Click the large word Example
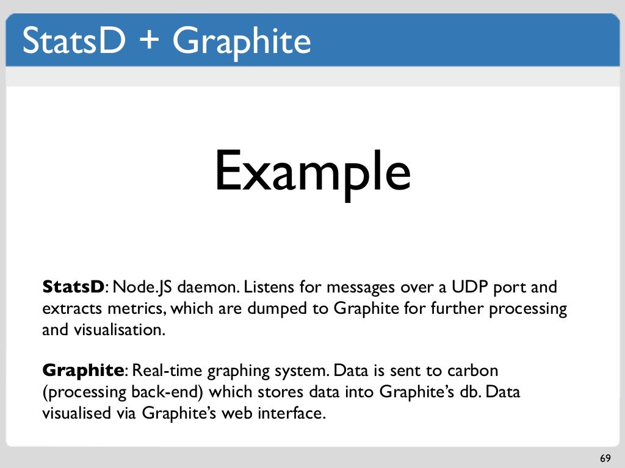point(312,171)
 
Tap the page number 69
point(605,458)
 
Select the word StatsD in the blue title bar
point(74,40)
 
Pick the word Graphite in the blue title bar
point(241,41)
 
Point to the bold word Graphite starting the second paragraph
point(83,370)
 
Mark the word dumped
point(278,309)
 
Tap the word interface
point(289,414)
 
